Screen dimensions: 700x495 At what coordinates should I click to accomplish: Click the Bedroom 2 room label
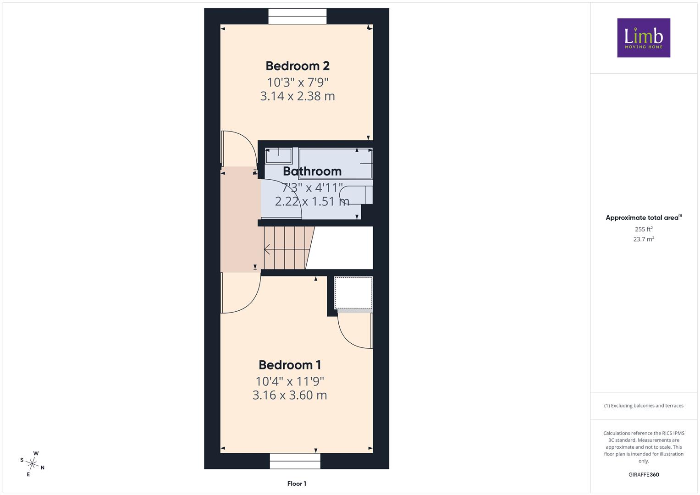pos(298,66)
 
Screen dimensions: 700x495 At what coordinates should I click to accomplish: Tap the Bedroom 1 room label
pos(290,365)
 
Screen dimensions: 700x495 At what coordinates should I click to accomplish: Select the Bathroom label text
pos(312,171)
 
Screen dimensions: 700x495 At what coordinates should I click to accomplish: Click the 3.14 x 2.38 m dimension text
pos(298,96)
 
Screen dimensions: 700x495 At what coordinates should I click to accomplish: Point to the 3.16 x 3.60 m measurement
pos(290,395)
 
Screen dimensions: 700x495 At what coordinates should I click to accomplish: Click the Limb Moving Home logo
pos(644,38)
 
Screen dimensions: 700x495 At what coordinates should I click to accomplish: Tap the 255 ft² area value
pos(644,229)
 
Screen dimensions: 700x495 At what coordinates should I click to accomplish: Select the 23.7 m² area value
pos(644,239)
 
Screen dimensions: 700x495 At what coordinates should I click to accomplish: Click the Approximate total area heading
pos(644,218)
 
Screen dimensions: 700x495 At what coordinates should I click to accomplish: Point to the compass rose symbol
pos(32,464)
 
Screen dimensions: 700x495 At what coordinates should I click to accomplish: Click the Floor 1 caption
pos(297,484)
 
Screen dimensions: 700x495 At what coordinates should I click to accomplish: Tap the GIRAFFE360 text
pos(644,474)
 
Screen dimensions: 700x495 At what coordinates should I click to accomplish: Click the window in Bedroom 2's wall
pos(298,16)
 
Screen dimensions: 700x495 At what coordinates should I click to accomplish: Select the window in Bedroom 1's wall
pos(295,461)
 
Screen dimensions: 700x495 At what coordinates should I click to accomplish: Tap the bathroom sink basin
pos(278,156)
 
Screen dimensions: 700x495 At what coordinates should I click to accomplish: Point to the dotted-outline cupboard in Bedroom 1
pos(353,293)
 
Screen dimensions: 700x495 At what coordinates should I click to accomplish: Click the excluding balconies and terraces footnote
pos(644,406)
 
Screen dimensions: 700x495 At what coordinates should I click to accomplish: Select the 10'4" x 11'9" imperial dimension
pos(290,381)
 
